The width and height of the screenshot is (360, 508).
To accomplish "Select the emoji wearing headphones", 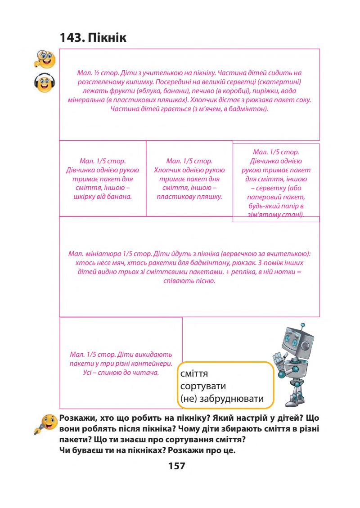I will [44, 84].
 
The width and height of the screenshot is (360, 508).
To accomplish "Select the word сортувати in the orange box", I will [202, 387].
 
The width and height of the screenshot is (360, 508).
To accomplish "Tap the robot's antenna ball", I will [302, 324].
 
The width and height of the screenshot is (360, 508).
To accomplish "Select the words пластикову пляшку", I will [189, 196].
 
